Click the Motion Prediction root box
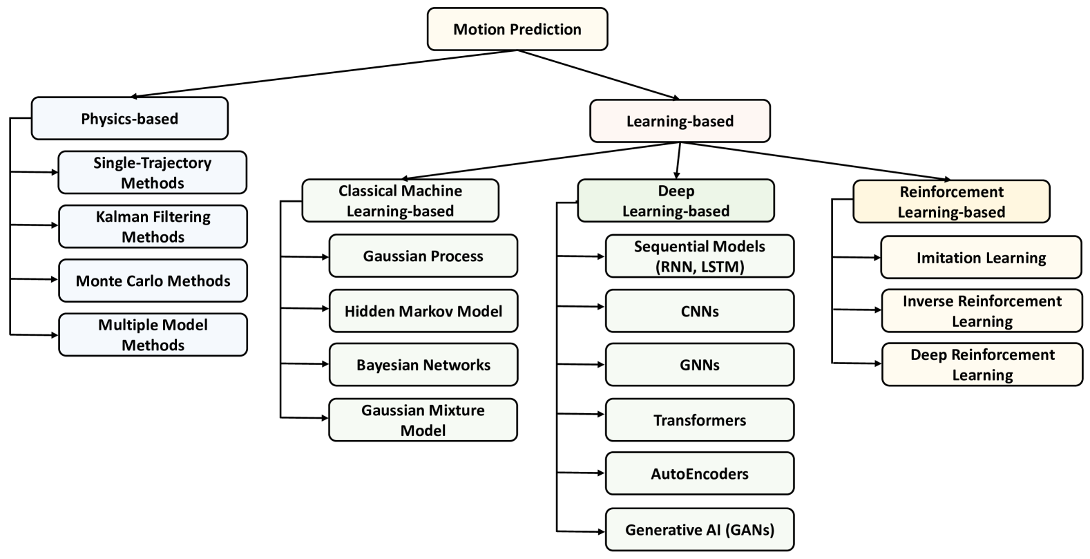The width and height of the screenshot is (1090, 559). click(x=517, y=29)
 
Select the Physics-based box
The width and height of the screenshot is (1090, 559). click(x=129, y=118)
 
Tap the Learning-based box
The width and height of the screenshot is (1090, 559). click(x=680, y=121)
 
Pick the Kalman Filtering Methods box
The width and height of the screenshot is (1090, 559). click(x=153, y=227)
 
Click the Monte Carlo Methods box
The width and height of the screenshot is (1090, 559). click(x=153, y=281)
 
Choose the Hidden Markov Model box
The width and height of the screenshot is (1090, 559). click(x=423, y=311)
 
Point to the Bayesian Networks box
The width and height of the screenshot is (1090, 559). click(x=423, y=365)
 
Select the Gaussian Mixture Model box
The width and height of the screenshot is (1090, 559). click(x=423, y=420)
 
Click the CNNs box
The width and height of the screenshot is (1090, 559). click(x=700, y=311)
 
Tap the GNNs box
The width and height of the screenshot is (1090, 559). click(x=700, y=365)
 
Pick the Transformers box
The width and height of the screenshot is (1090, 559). click(x=700, y=420)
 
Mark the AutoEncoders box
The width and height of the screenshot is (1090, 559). click(x=700, y=474)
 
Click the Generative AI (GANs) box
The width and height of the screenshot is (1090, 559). click(x=700, y=530)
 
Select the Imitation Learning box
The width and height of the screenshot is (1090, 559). click(x=981, y=258)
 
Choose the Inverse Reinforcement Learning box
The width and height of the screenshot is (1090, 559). click(x=982, y=311)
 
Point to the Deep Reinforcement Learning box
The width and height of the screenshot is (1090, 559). click(x=982, y=365)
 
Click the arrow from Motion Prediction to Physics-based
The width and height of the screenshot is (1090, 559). click(x=325, y=73)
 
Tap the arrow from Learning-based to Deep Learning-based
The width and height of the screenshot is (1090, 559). click(x=678, y=160)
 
